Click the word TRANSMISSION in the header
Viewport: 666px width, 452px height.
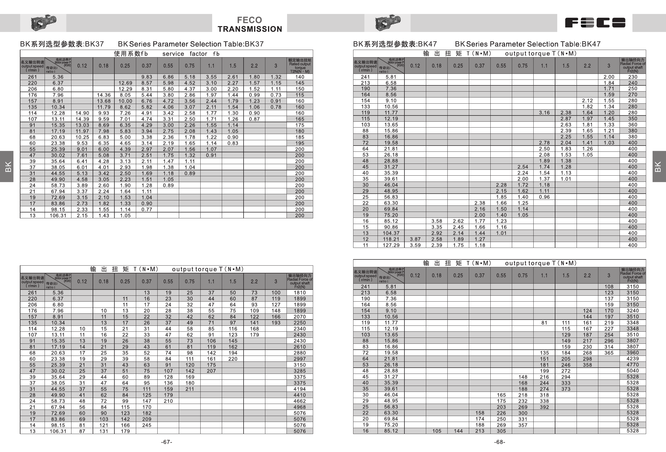(249, 29)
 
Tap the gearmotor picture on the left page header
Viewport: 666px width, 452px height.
(43, 22)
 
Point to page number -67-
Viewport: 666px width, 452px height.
(166, 442)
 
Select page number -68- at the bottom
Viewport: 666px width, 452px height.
(499, 442)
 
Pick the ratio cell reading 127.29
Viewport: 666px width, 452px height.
(391, 245)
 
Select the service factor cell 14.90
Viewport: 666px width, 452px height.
(82, 113)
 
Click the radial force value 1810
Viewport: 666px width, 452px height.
(299, 293)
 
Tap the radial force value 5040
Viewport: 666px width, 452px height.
(632, 371)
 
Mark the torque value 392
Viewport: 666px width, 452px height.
(544, 407)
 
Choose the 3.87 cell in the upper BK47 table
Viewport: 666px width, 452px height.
(415, 239)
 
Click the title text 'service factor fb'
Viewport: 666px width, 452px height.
(191, 54)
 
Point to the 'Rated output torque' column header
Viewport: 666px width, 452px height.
(300, 66)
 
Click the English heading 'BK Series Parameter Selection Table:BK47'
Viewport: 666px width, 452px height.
(528, 44)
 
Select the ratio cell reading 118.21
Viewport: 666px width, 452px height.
(391, 239)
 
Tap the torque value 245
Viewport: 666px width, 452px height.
(146, 425)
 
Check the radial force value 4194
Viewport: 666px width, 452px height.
(299, 389)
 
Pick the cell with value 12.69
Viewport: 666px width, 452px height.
(125, 83)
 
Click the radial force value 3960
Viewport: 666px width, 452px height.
(632, 353)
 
